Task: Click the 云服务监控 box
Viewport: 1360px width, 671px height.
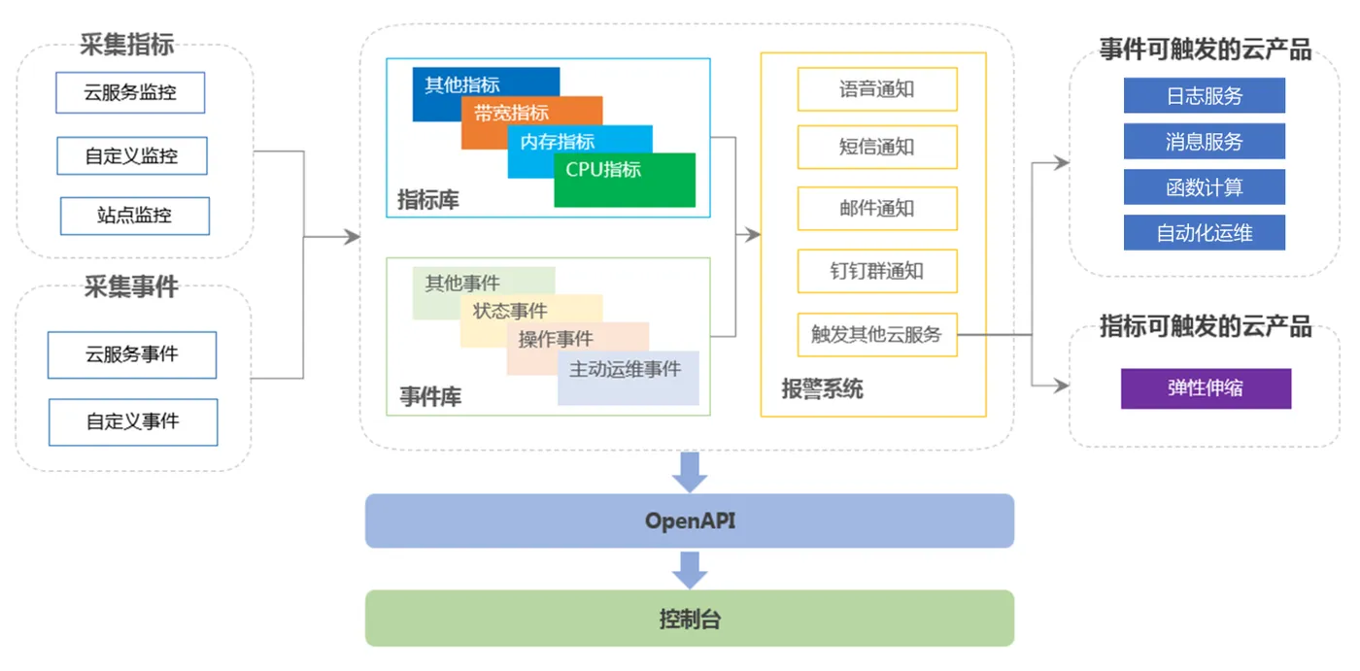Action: pyautogui.click(x=130, y=92)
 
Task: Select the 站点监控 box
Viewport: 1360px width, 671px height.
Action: pyautogui.click(x=135, y=216)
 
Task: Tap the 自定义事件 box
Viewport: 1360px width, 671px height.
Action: pyautogui.click(x=133, y=421)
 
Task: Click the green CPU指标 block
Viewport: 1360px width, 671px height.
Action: pyautogui.click(x=625, y=181)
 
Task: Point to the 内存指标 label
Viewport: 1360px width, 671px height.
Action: pyautogui.click(x=557, y=142)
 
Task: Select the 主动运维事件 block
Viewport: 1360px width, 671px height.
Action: pyautogui.click(x=629, y=378)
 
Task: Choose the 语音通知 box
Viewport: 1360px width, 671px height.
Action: pyautogui.click(x=877, y=89)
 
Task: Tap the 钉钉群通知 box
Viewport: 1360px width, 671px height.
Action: pyautogui.click(x=877, y=271)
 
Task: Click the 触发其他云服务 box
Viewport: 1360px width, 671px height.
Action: pyautogui.click(x=877, y=334)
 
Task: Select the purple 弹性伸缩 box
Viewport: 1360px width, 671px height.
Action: pyautogui.click(x=1206, y=388)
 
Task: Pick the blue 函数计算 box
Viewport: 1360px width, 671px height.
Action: pyautogui.click(x=1204, y=186)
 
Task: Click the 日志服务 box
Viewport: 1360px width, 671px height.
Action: pyautogui.click(x=1204, y=95)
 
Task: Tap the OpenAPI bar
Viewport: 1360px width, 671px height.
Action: pyautogui.click(x=690, y=520)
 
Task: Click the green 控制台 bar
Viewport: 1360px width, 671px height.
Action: pyautogui.click(x=690, y=619)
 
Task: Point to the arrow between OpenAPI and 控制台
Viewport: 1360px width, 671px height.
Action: pyautogui.click(x=690, y=570)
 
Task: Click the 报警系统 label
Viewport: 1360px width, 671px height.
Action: pyautogui.click(x=822, y=388)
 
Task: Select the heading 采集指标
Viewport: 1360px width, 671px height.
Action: pyautogui.click(x=127, y=45)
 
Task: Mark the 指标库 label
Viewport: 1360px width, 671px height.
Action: pyautogui.click(x=428, y=200)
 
